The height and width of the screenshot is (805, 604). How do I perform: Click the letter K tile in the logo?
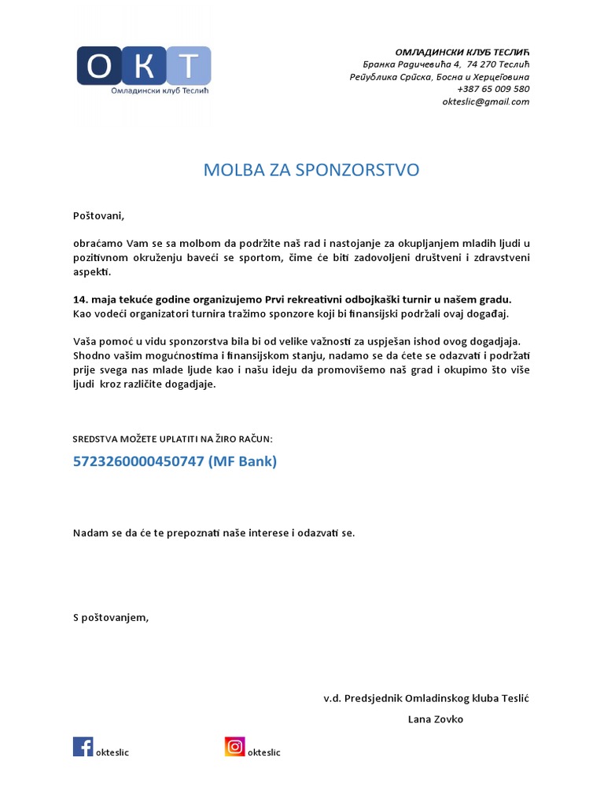click(x=144, y=67)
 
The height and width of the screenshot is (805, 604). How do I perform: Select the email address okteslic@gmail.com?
click(x=485, y=101)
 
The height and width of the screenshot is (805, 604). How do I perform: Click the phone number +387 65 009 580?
click(x=493, y=90)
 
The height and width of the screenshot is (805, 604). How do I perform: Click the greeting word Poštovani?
click(x=98, y=215)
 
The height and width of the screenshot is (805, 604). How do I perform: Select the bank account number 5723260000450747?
click(x=138, y=462)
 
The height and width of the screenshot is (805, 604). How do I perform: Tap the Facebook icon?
click(x=83, y=746)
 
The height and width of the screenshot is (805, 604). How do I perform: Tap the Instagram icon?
click(x=234, y=746)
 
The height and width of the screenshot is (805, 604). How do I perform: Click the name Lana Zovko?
click(x=436, y=719)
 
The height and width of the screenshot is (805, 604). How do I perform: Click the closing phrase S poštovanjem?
click(x=110, y=617)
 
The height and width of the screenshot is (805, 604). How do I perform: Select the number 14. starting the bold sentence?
click(x=80, y=300)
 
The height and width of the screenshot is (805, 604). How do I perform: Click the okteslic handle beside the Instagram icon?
click(x=263, y=752)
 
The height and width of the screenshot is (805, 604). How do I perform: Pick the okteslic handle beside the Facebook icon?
click(x=112, y=752)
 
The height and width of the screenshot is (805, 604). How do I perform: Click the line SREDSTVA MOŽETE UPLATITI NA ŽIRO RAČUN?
click(x=172, y=439)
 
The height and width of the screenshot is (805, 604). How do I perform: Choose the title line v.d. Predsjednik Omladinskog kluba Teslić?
click(x=427, y=698)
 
